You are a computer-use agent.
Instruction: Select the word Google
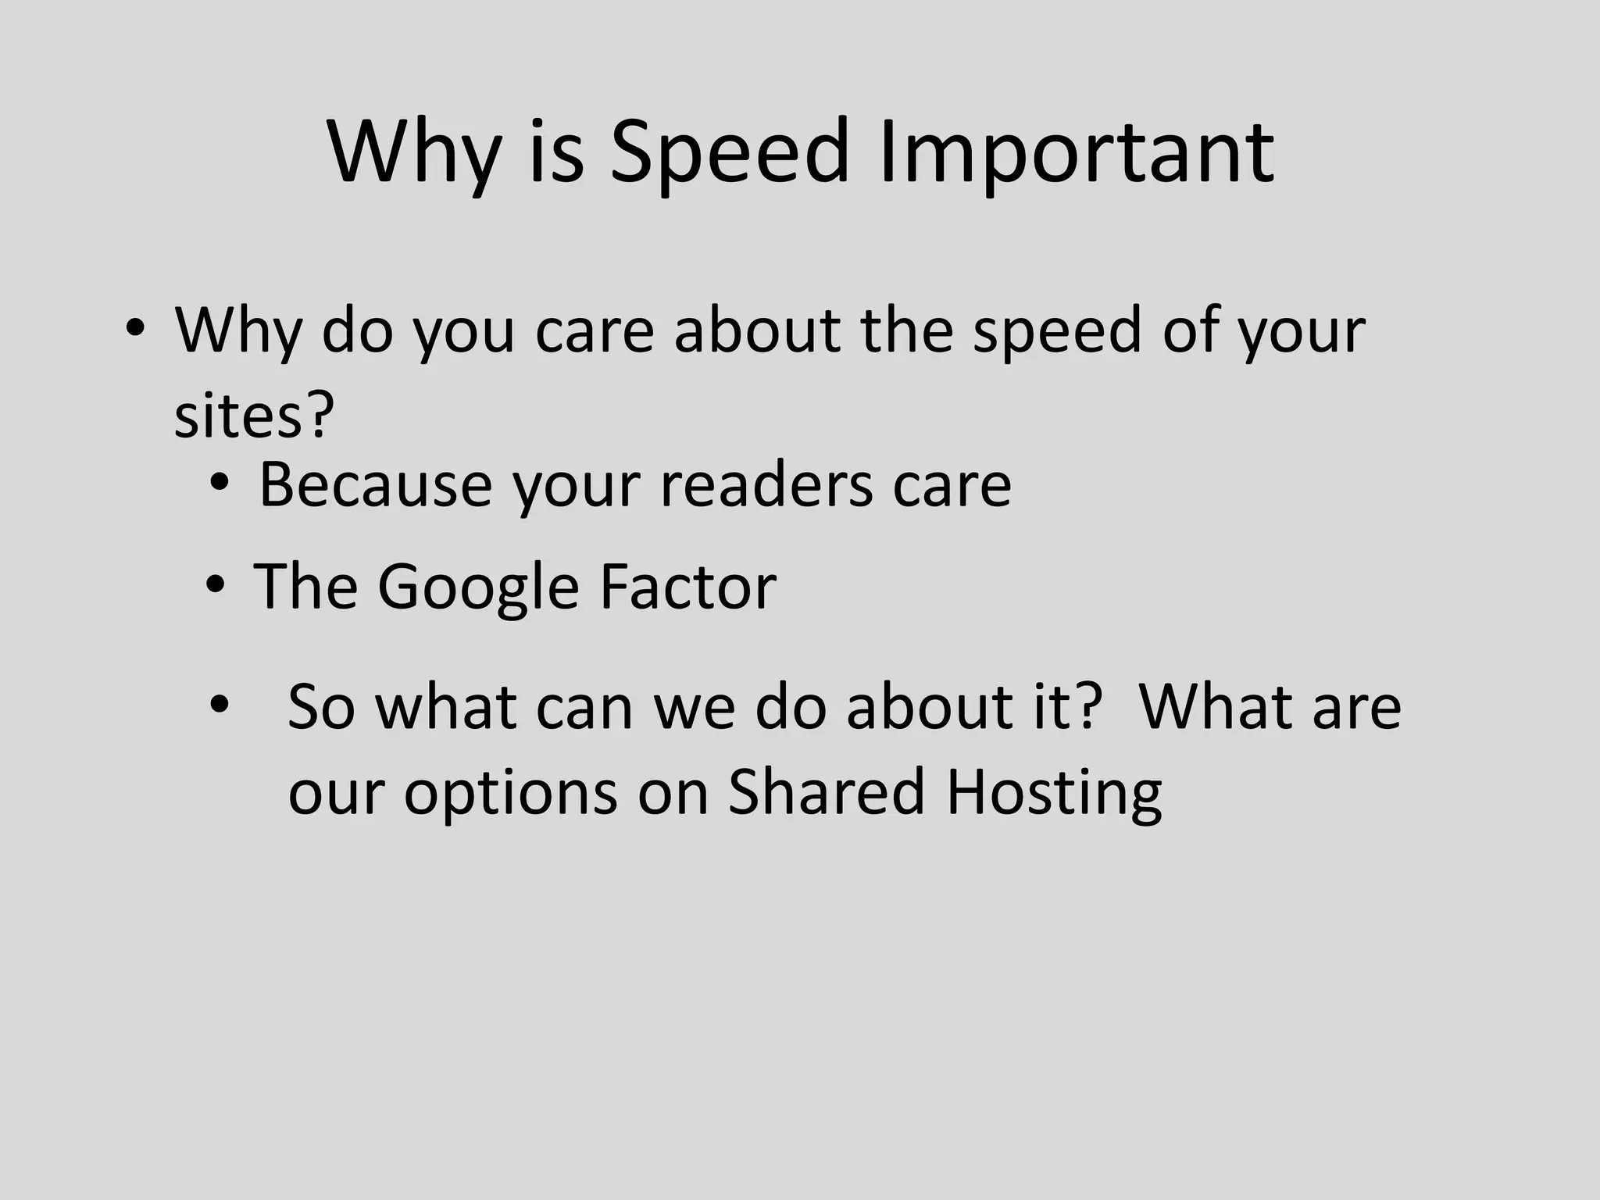478,587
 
